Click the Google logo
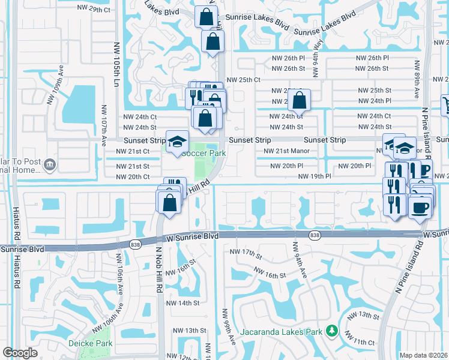(19, 352)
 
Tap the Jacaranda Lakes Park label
(282, 331)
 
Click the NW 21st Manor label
(286, 151)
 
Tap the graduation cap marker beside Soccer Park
(176, 142)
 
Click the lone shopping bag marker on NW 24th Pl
(300, 100)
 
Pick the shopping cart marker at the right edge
(445, 106)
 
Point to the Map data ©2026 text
(424, 355)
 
